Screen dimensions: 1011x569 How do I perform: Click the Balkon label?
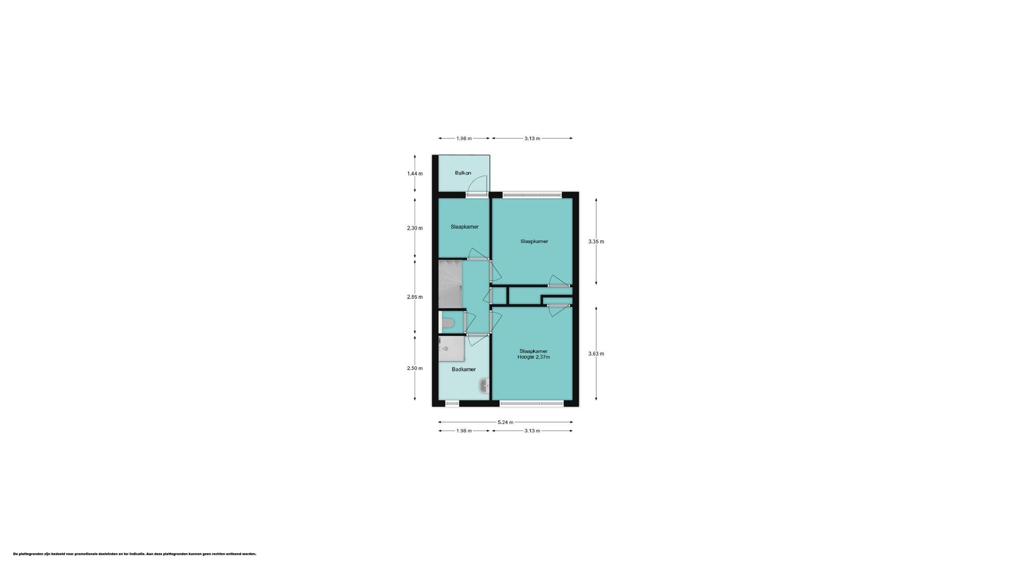point(463,173)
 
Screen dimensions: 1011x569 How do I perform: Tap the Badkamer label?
point(463,369)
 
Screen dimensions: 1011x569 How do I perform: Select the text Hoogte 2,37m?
point(533,357)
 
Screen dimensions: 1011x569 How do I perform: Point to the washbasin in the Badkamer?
point(484,386)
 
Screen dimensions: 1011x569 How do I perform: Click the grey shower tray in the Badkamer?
point(451,348)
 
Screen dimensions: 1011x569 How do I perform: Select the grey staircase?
point(450,284)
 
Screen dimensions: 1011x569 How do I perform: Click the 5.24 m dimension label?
point(505,422)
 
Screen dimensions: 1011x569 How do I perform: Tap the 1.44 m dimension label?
point(414,173)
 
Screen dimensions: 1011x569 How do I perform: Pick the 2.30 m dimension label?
point(414,228)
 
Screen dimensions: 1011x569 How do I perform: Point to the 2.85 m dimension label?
point(414,297)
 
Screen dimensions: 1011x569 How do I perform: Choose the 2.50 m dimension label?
point(414,368)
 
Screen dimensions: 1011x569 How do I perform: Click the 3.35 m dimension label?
point(596,242)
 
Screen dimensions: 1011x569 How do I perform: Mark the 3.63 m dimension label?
point(596,354)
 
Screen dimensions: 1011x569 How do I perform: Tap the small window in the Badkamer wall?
point(452,404)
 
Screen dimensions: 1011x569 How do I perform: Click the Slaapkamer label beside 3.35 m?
point(534,241)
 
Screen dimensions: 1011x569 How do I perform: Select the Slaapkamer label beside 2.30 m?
point(464,227)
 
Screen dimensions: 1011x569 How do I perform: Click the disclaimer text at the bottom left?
point(135,554)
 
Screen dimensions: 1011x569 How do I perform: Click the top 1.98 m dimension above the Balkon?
point(464,139)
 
